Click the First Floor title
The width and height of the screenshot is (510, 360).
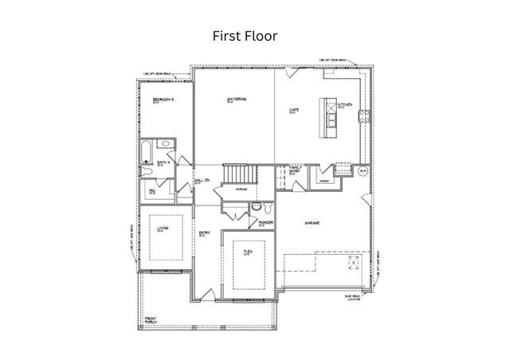pos(244,36)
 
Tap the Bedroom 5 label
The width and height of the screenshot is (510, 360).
pos(163,100)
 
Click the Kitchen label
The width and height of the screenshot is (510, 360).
pos(345,105)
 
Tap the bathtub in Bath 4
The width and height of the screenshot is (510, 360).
pos(149,151)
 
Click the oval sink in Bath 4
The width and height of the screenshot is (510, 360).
pos(164,144)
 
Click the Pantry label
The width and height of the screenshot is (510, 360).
pos(324,181)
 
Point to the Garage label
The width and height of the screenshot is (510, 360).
pos(312,224)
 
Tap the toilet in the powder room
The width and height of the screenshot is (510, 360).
pos(255,207)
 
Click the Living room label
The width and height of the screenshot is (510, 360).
pos(163,227)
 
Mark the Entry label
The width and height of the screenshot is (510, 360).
pos(203,233)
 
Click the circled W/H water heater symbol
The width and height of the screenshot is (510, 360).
pos(363,171)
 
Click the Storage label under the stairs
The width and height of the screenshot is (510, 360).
pos(241,189)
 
